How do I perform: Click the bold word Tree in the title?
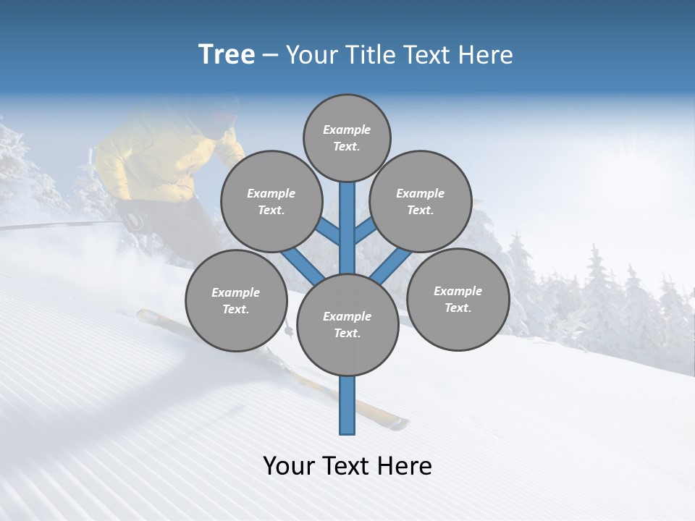pos(227,55)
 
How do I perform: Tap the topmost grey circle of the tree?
pos(347,137)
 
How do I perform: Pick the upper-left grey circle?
pos(271,201)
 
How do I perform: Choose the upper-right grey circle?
pos(421,201)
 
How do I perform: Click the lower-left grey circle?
pos(236,300)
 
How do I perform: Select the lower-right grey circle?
pos(458,299)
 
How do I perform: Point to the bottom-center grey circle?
pos(347,325)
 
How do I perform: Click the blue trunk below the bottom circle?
pos(347,405)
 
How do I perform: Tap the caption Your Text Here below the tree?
pos(347,466)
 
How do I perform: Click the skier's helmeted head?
pos(221,116)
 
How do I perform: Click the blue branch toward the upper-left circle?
pos(328,232)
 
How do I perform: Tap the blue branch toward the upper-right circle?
pos(366,230)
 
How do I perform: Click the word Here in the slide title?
pos(487,55)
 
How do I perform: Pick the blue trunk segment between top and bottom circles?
pos(347,224)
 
